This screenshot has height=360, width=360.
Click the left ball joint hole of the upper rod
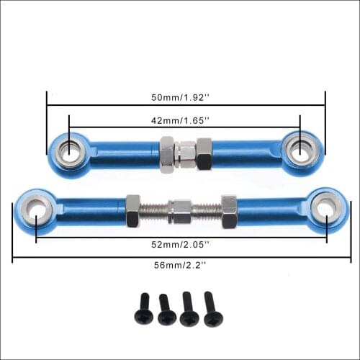70,150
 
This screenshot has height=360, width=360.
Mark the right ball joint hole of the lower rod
325,207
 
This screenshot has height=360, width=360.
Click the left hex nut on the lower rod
133,210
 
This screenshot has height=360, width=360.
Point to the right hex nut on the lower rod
229,208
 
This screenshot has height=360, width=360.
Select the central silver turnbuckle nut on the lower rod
181,210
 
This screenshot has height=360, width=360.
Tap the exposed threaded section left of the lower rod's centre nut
154,210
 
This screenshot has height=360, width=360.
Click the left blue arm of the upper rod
122,152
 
